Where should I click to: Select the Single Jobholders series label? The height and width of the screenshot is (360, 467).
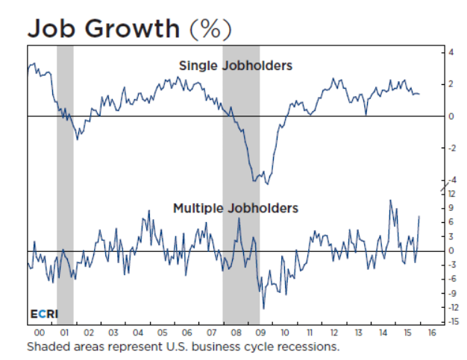235,66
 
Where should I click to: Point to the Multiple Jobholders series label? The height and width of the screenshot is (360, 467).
235,208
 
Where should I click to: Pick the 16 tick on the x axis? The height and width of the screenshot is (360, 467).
431,332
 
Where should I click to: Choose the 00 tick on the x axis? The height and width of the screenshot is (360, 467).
40,332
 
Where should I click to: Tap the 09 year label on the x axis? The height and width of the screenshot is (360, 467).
260,332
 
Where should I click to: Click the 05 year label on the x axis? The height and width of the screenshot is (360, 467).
162,332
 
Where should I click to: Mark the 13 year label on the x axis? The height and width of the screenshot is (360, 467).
358,332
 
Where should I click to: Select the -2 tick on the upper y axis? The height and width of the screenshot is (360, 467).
450,148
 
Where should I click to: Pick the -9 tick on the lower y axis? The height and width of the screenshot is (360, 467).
450,293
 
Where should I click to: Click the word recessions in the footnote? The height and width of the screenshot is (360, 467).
309,347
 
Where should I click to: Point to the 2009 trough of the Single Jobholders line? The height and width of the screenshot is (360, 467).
267,183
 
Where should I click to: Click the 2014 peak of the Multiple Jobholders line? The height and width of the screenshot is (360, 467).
389,200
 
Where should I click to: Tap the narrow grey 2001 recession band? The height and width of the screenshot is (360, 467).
65,186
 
